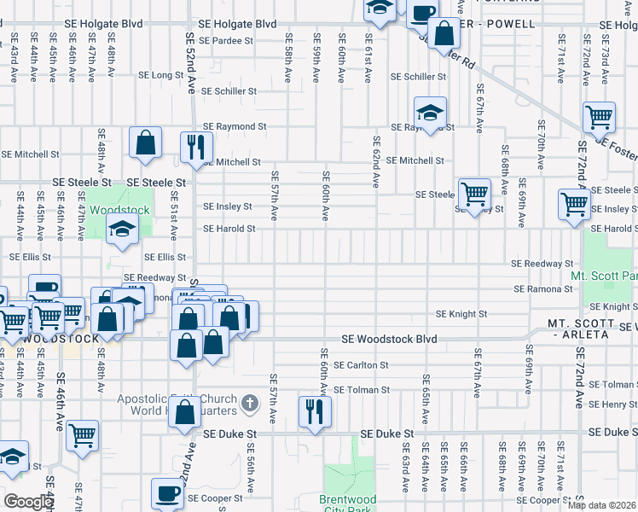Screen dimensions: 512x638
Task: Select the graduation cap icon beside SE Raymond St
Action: click(431, 111)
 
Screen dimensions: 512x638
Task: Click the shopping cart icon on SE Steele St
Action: click(473, 192)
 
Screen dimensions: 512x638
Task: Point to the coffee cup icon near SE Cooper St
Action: click(166, 492)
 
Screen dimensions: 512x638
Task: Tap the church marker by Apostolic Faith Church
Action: click(249, 402)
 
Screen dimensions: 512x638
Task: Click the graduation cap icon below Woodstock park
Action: click(123, 229)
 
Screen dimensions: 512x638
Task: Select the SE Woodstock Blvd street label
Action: click(389, 340)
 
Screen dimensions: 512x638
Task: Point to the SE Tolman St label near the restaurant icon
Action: click(361, 390)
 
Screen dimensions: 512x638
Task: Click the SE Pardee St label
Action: click(225, 40)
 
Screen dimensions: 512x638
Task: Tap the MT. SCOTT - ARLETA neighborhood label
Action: click(580, 329)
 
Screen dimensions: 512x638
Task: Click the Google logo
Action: click(28, 502)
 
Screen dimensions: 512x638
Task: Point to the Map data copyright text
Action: click(601, 505)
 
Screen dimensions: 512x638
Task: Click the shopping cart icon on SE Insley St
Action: click(574, 205)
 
